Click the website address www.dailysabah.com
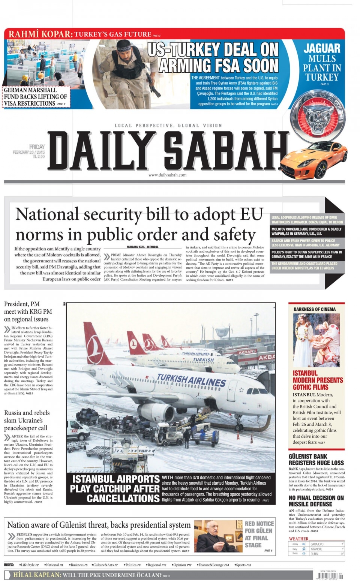(x=167, y=175)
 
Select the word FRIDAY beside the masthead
(x=37, y=147)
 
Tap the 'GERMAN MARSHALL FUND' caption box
(x=36, y=97)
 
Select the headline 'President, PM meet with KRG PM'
(x=28, y=311)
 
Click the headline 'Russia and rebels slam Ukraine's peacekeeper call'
(x=27, y=420)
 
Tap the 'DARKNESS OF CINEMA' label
(x=315, y=309)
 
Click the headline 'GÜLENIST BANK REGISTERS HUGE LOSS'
(x=316, y=460)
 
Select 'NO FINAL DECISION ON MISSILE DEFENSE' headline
(x=316, y=501)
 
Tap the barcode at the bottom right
(x=328, y=575)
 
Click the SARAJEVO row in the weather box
(x=317, y=544)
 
